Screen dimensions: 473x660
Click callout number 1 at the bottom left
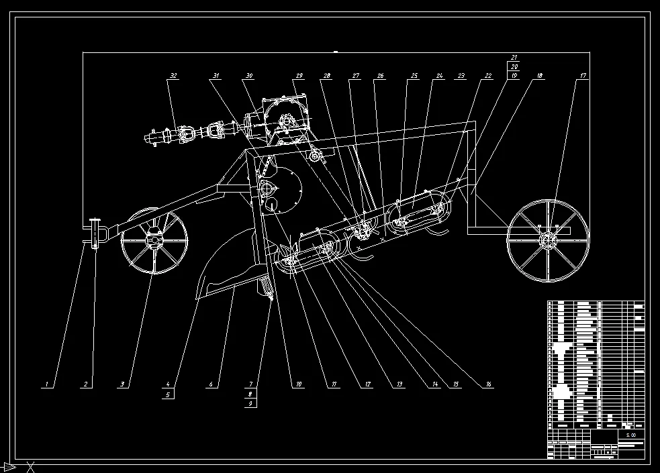(46, 384)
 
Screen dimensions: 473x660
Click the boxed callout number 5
(167, 395)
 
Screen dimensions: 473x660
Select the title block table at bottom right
(596, 379)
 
